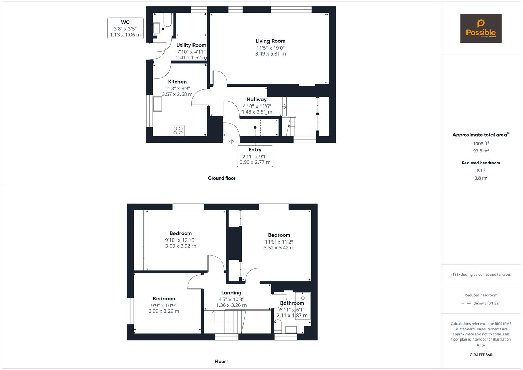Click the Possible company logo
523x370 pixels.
coord(481,28)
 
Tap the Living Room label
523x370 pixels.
coord(270,41)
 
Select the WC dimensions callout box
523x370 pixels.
coord(125,28)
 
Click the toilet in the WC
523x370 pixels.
coord(167,20)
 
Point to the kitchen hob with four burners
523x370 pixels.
coord(178,131)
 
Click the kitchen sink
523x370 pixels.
coord(157,104)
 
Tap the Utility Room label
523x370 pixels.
coord(191,45)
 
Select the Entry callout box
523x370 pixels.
coord(255,156)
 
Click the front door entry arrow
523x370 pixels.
coord(232,142)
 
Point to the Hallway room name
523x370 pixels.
coord(257,99)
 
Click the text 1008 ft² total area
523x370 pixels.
coord(481,144)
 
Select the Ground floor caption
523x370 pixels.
coord(222,178)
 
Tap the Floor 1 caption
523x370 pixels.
coord(222,361)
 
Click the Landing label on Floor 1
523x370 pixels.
coord(232,293)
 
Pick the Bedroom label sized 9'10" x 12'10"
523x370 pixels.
coord(181,233)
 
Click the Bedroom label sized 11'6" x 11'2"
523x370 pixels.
coord(279,235)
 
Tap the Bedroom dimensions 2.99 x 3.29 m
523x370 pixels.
coord(164,311)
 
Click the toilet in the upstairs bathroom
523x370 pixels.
coord(278,326)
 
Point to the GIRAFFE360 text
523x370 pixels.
coord(481,355)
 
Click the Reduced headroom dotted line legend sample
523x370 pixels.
coord(466,304)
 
